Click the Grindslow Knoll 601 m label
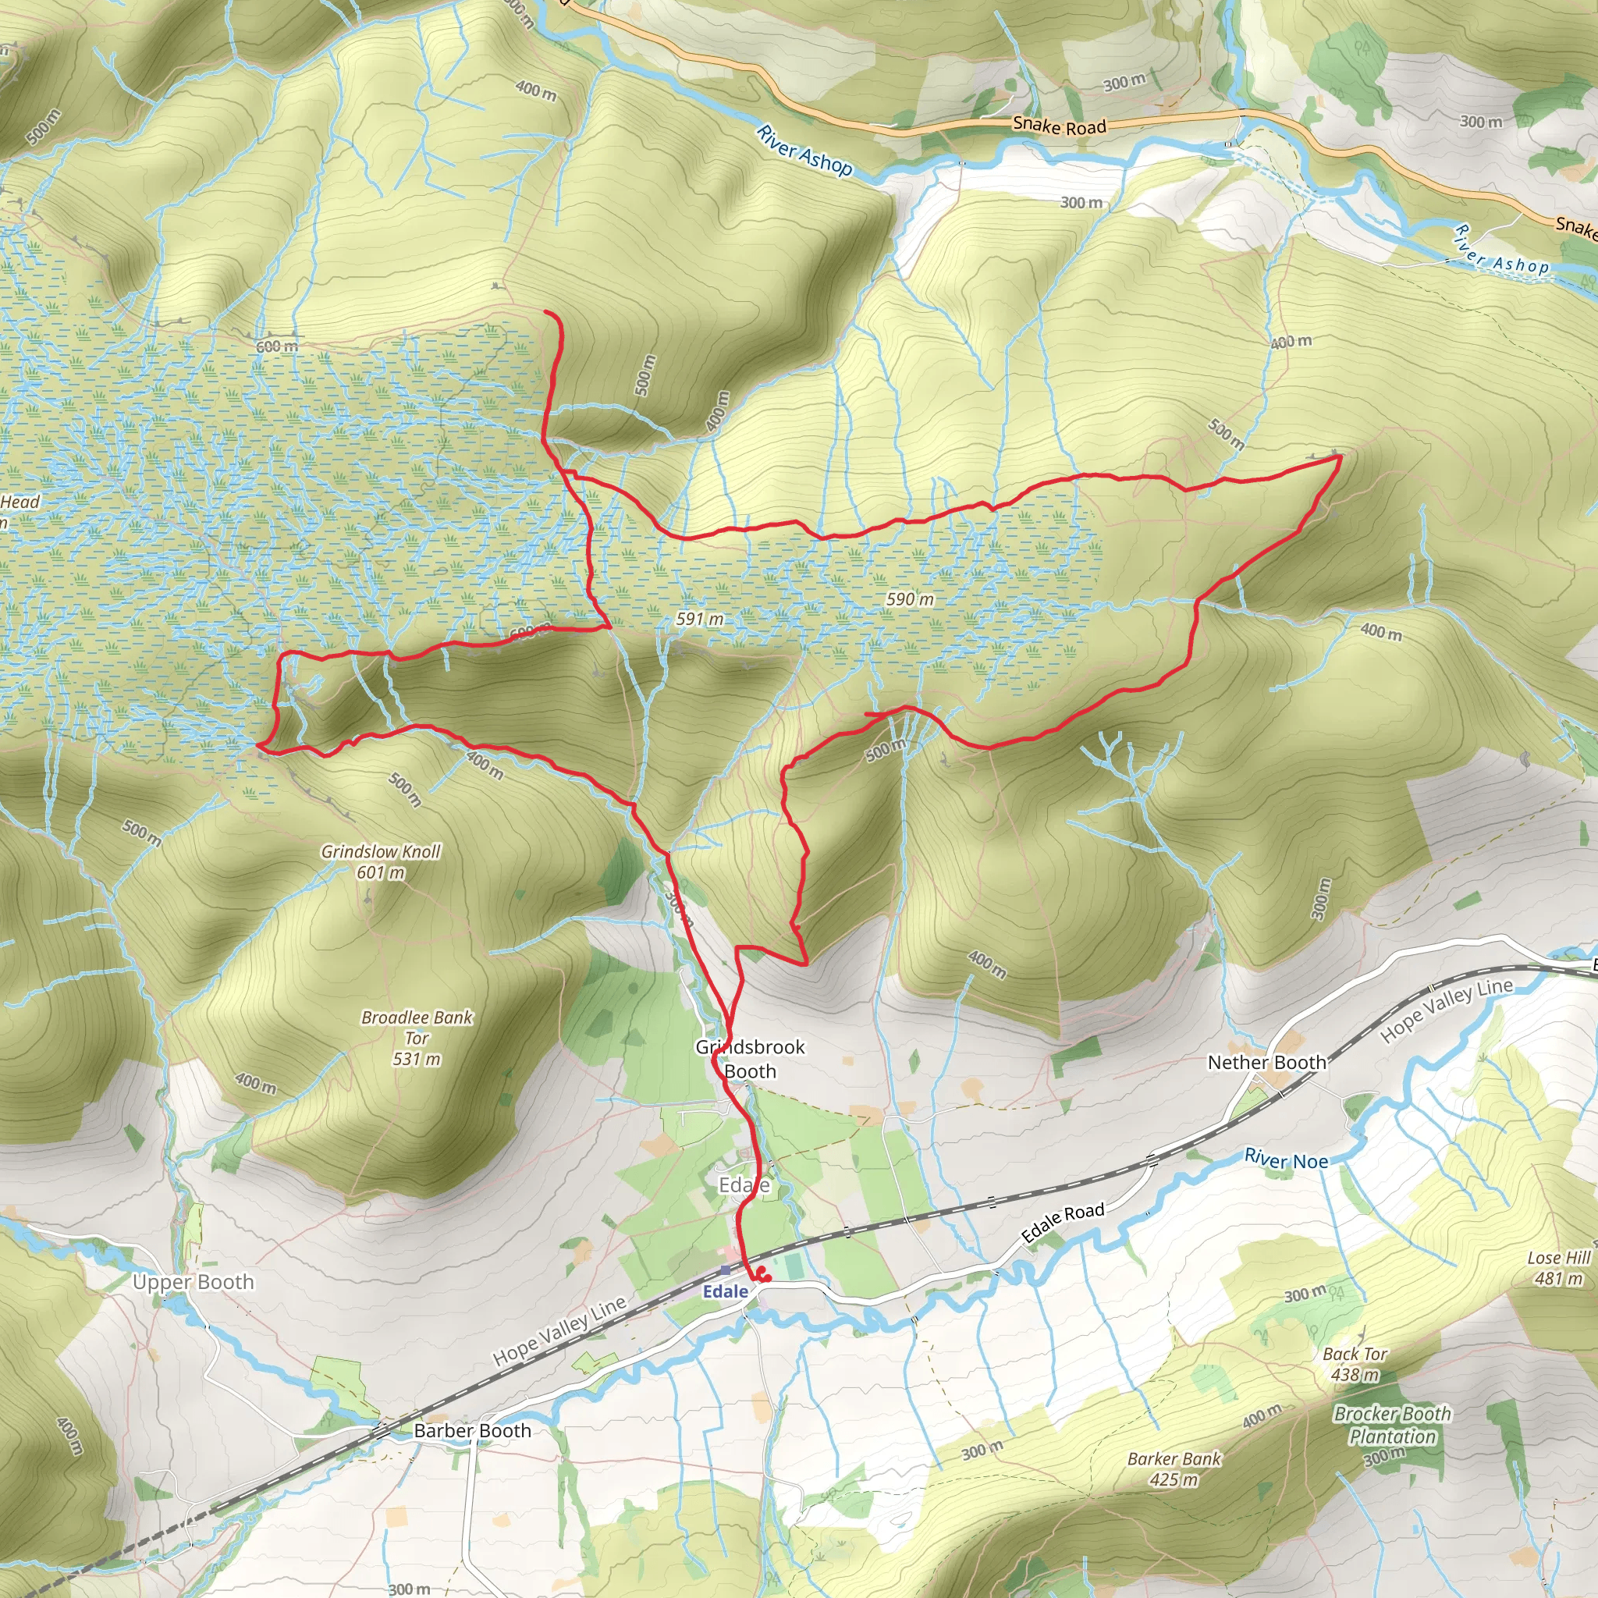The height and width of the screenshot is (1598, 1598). (381, 861)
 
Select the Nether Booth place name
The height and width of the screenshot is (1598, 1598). (1266, 1062)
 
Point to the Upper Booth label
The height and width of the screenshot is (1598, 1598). (194, 1282)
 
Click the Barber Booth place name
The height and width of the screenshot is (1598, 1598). (472, 1431)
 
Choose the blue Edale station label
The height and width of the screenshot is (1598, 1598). (726, 1291)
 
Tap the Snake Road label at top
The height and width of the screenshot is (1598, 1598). (1059, 126)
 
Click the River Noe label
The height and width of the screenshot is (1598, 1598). (1286, 1159)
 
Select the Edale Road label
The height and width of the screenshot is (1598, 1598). (1063, 1223)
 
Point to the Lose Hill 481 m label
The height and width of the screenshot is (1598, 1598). (1558, 1268)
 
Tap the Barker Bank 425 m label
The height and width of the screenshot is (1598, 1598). (1174, 1469)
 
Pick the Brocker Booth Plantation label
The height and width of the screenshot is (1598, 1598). (1392, 1425)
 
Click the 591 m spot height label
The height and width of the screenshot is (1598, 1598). (700, 619)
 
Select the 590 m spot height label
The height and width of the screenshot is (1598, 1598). (910, 598)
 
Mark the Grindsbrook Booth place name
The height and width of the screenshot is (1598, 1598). (750, 1059)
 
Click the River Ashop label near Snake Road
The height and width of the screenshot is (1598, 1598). (804, 151)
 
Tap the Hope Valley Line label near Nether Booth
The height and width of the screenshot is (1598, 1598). (1447, 1010)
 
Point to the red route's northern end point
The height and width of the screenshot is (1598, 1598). (545, 312)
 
